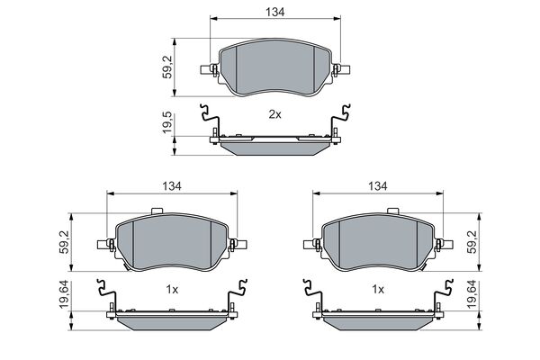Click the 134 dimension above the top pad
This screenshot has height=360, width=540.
[274, 12]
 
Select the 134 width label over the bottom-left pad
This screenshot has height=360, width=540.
[172, 186]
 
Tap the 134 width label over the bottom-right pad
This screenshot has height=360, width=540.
[378, 186]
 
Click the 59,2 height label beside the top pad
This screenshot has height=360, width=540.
[167, 67]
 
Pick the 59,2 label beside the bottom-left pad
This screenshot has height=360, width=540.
[64, 242]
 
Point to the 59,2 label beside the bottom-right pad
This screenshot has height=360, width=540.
[472, 242]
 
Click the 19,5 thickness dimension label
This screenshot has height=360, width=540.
[167, 122]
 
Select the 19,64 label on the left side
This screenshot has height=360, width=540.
[64, 294]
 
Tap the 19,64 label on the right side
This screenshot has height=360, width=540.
[472, 294]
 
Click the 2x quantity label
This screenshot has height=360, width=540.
[274, 114]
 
